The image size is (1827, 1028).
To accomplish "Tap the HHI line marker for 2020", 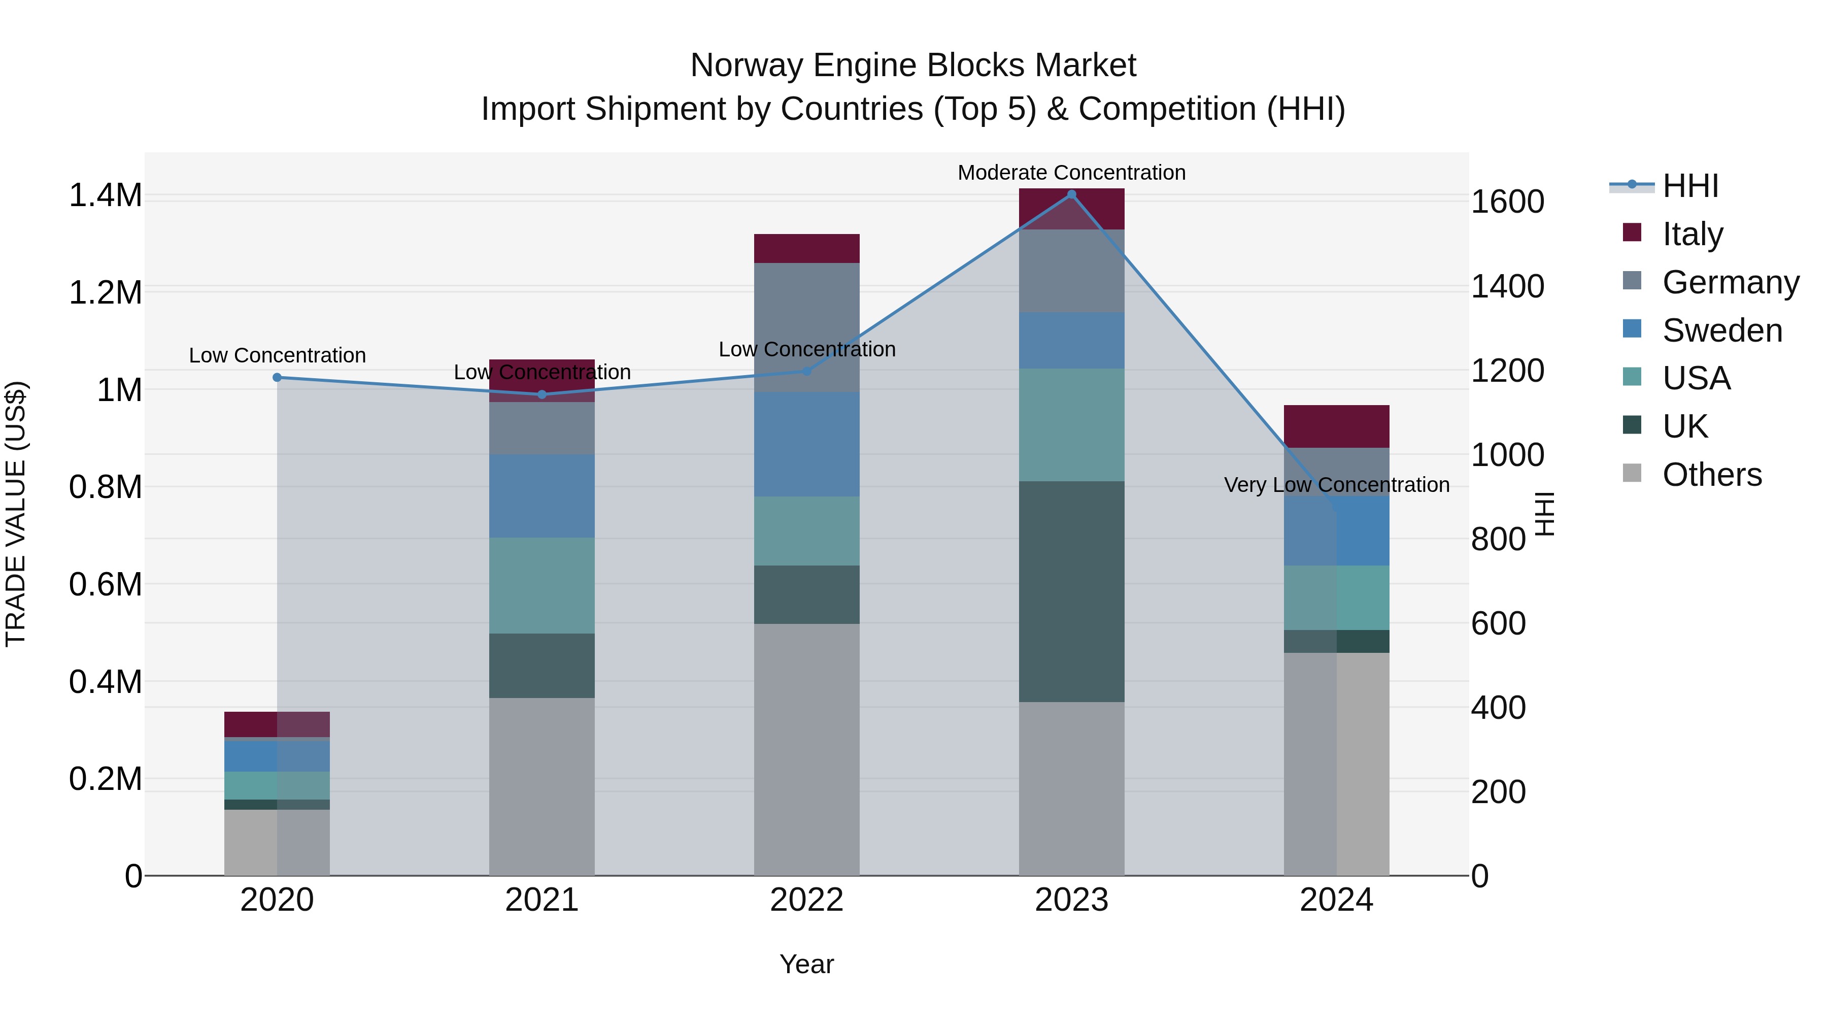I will point(277,377).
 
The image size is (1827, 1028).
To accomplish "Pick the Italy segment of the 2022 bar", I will point(806,248).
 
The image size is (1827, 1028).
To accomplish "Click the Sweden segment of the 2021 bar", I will point(542,496).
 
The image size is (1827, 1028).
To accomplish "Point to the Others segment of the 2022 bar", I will point(806,749).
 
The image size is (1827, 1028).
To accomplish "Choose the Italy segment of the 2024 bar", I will point(1336,426).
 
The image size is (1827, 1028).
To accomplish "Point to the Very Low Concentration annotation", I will point(1336,485).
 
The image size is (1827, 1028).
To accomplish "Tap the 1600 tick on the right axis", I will point(1507,202).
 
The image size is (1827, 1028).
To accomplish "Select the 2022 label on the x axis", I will point(806,900).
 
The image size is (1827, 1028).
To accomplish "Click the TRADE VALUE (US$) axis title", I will point(16,514).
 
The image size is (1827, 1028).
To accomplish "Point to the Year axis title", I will point(806,964).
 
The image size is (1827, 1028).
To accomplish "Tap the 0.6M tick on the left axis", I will point(105,585).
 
